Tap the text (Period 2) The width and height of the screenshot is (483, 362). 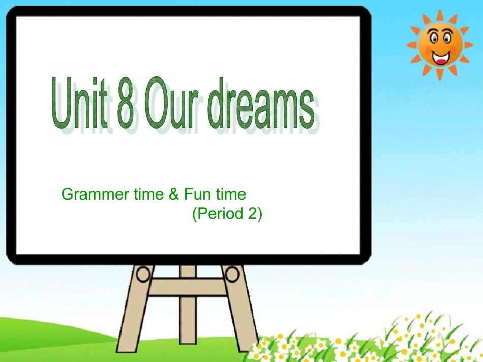[x=227, y=214]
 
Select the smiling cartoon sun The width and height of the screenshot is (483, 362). [x=440, y=45]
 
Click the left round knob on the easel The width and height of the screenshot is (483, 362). [x=144, y=274]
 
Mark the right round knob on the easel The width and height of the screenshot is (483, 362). [x=232, y=275]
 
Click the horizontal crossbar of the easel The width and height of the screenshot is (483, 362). [x=188, y=287]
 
